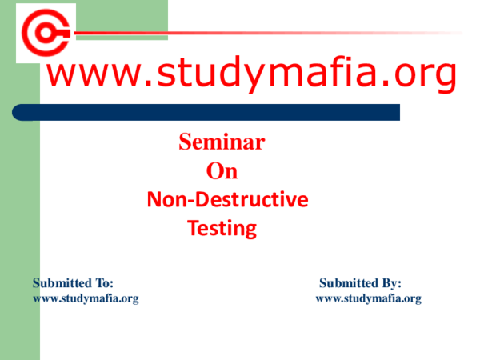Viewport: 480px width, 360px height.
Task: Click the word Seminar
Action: coord(222,143)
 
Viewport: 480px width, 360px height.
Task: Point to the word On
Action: coord(222,171)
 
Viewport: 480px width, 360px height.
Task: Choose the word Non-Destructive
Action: coord(227,201)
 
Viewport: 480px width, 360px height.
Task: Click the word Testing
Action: coord(222,229)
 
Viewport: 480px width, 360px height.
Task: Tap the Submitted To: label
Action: coord(73,283)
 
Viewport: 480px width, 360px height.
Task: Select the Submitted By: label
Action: coord(360,283)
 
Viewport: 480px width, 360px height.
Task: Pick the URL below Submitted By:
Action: coord(368,298)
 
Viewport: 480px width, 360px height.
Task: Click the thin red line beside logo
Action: coord(264,33)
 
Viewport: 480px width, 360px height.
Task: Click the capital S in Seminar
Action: coord(185,143)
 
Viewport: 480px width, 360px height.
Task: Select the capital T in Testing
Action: coord(193,229)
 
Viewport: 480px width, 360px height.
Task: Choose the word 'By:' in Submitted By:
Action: coord(389,283)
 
